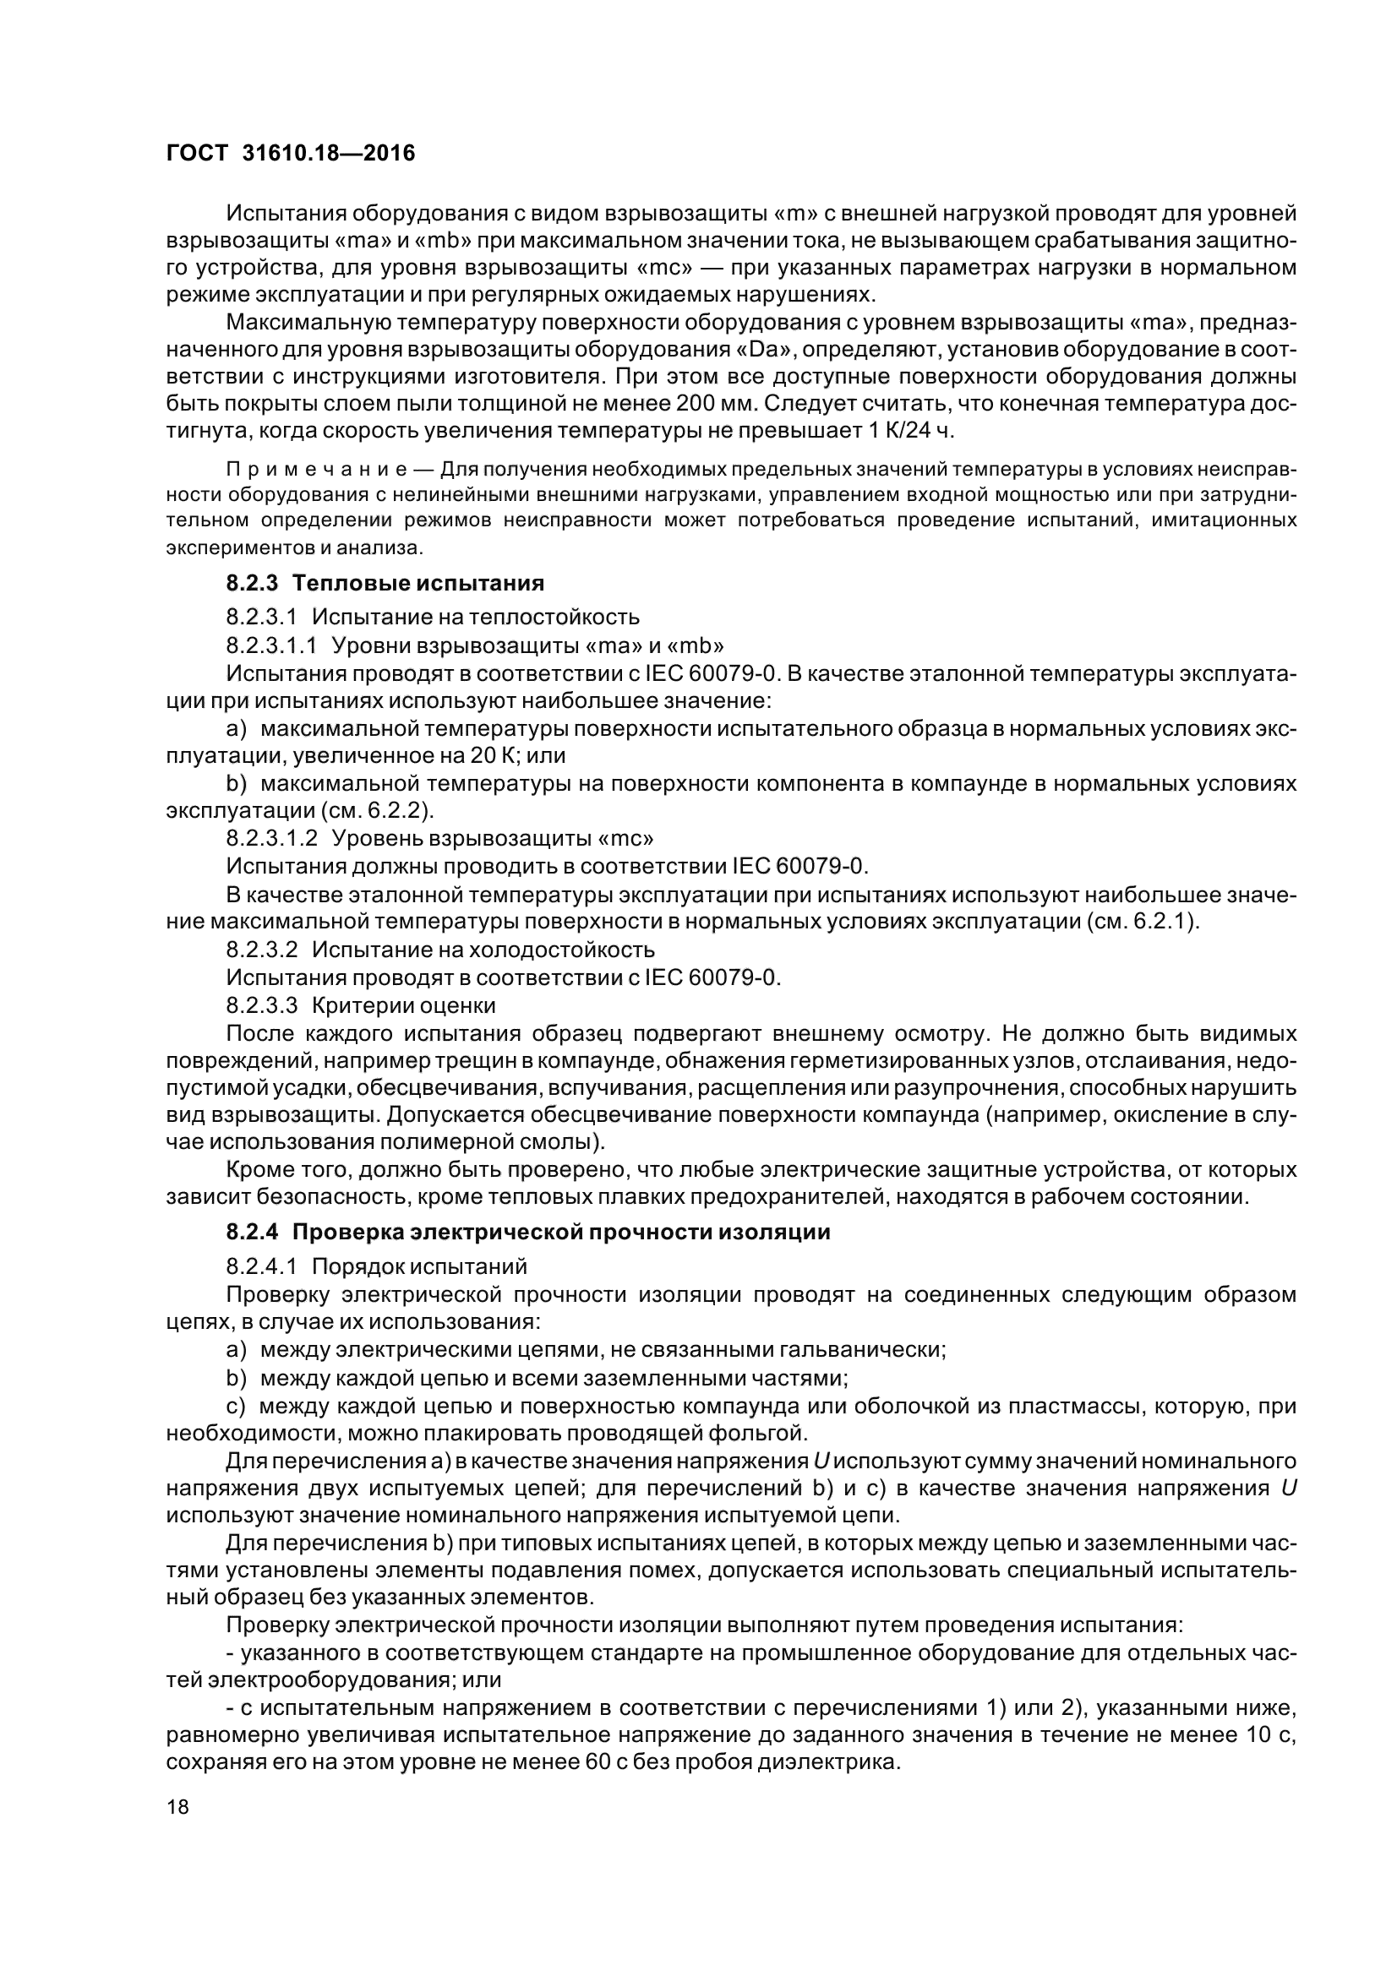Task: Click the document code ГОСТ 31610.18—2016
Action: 289,153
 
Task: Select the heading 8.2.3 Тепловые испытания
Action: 385,583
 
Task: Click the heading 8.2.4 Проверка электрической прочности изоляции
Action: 527,1232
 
